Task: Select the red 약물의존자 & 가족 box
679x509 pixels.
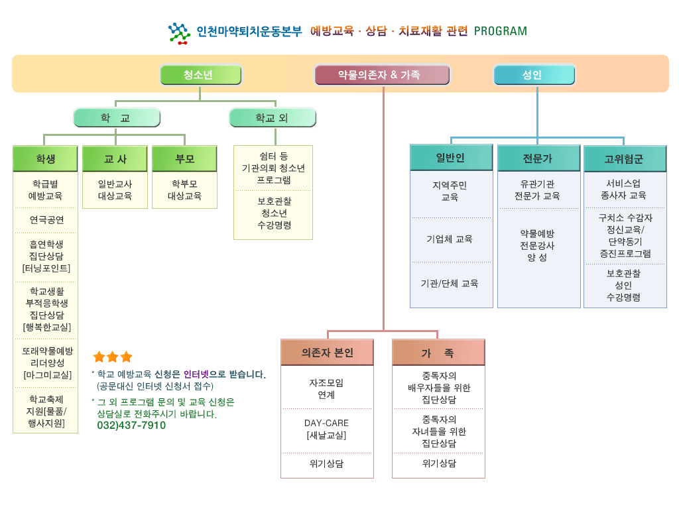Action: point(383,75)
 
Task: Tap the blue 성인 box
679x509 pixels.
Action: point(534,75)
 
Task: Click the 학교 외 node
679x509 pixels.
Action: point(273,118)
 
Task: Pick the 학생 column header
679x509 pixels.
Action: point(46,159)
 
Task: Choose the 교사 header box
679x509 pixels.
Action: point(115,159)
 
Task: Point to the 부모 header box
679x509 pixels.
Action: point(184,159)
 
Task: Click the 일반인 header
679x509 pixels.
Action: point(451,158)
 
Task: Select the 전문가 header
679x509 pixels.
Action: point(538,158)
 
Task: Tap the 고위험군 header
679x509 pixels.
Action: point(625,159)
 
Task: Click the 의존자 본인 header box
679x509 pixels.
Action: point(327,353)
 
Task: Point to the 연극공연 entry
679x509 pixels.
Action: point(46,219)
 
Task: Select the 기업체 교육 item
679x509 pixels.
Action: point(450,239)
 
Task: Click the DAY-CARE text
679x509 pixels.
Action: point(326,423)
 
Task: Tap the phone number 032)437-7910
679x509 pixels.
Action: point(131,425)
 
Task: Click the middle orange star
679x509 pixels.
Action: point(113,357)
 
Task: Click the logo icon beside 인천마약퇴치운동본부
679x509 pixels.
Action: point(179,32)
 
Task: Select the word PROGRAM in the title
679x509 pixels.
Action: point(501,31)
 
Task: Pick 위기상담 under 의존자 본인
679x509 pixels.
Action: point(326,464)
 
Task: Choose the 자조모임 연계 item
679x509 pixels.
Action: point(326,388)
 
